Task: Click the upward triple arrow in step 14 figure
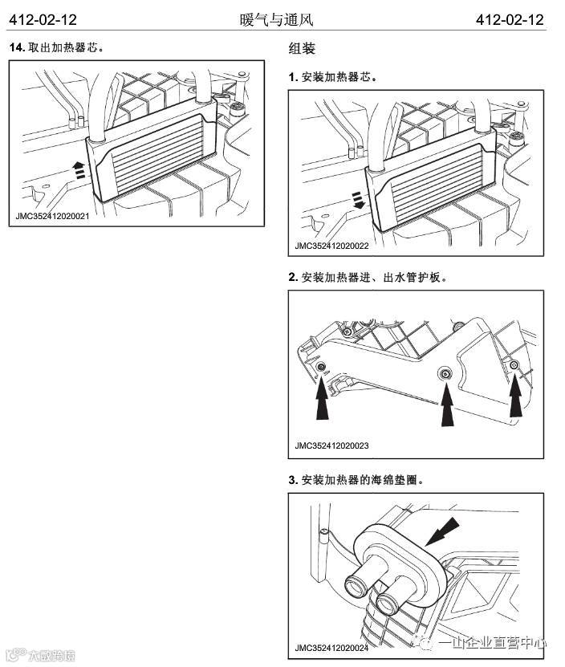point(78,169)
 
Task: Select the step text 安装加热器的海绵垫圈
point(360,480)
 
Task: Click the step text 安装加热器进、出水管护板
point(372,278)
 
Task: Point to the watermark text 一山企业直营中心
point(498,642)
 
